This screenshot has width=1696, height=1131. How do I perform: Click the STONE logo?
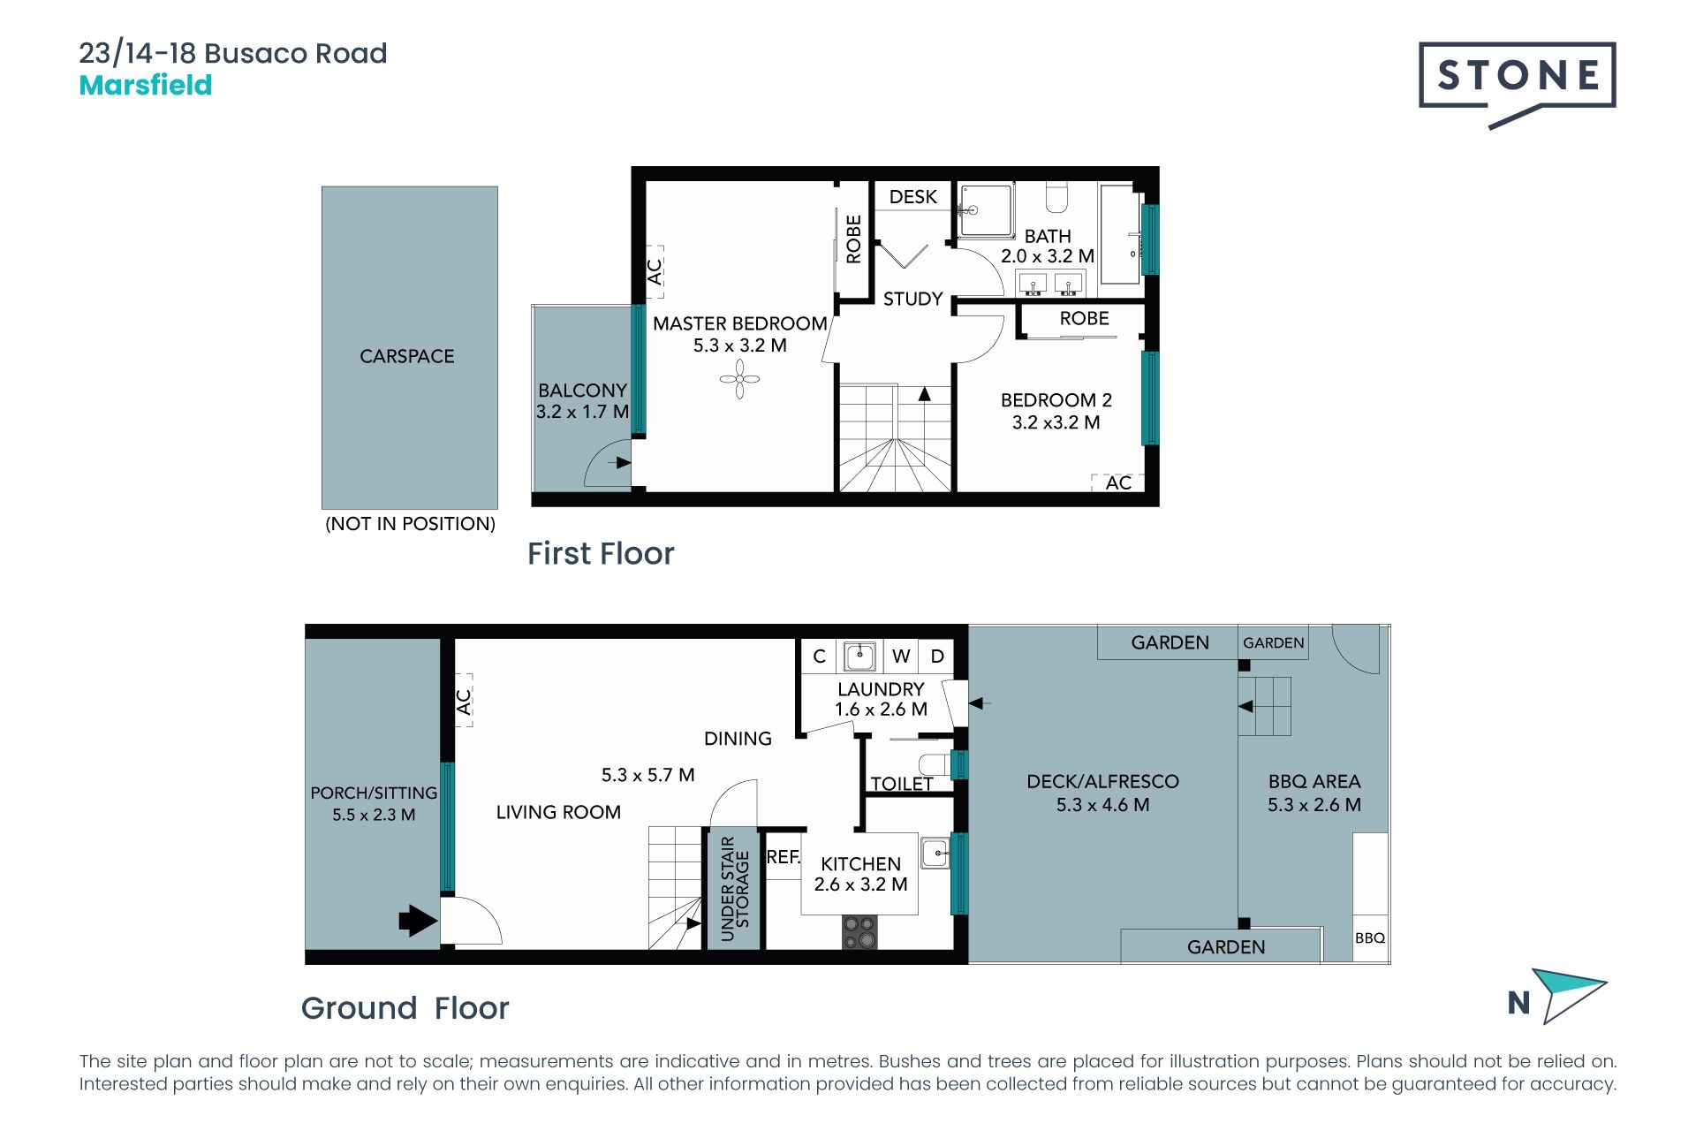[x=1517, y=84]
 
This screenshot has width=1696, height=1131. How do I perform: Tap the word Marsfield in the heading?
[x=146, y=86]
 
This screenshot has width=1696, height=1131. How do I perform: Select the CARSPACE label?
[x=407, y=356]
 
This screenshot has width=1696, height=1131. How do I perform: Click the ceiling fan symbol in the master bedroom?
[x=739, y=379]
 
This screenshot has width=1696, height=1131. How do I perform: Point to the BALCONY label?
[x=582, y=391]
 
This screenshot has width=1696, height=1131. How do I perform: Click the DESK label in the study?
[x=913, y=196]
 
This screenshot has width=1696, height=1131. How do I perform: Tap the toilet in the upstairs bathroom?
[x=1057, y=197]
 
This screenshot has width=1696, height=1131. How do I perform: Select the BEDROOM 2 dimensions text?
[x=1056, y=422]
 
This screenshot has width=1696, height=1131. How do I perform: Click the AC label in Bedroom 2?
[x=1118, y=482]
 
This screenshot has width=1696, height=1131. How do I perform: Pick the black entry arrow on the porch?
[x=418, y=921]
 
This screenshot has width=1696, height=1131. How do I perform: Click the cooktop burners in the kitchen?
[x=859, y=932]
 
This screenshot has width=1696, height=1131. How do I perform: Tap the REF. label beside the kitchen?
[x=784, y=857]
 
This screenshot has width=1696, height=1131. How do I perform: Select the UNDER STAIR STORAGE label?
[x=735, y=888]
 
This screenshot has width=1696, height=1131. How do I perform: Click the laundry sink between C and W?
[x=859, y=656]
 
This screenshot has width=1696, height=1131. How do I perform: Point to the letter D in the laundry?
[x=937, y=657]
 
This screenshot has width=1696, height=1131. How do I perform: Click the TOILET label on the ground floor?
[x=902, y=784]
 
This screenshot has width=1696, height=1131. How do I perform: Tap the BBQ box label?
[x=1370, y=938]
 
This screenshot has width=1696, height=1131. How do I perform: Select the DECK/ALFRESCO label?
[x=1102, y=781]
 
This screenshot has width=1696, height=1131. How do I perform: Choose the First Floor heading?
[x=601, y=554]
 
